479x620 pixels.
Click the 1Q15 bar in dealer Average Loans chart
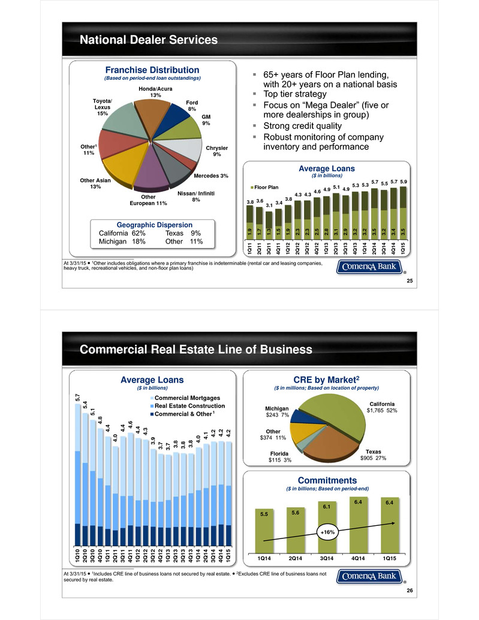click(x=403, y=213)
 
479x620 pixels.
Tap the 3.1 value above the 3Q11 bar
click(x=269, y=206)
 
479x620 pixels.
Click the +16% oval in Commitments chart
click(x=327, y=532)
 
